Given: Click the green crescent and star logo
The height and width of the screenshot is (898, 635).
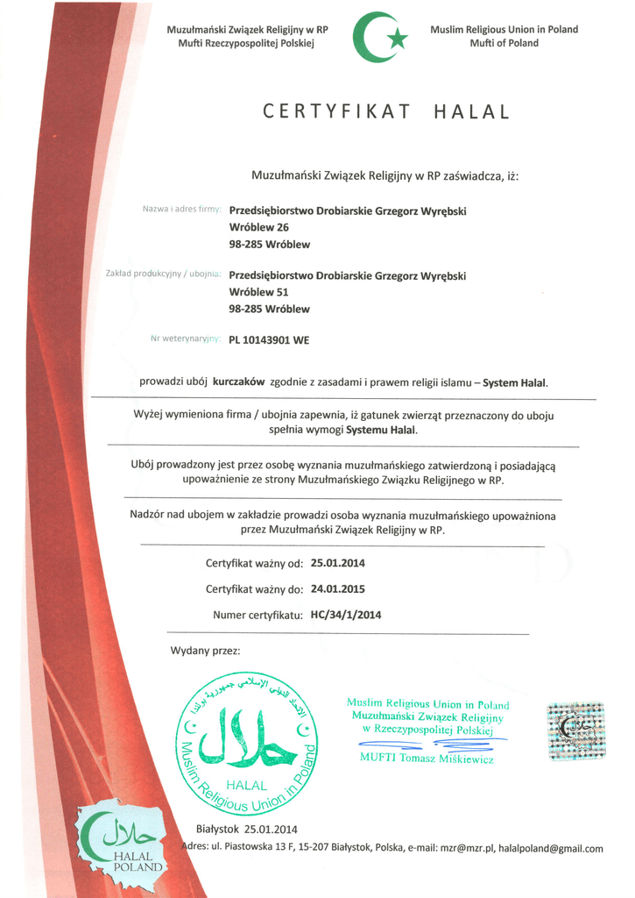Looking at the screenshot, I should (380, 37).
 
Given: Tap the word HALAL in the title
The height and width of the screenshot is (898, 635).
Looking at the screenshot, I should (470, 111).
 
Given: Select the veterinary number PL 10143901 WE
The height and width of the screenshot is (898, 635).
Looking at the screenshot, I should (269, 342).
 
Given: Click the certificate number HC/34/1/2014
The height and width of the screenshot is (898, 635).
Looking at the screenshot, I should (346, 615).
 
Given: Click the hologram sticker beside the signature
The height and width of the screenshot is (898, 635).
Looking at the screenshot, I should (575, 731).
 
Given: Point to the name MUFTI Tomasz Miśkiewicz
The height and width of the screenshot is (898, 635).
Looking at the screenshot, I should (427, 758).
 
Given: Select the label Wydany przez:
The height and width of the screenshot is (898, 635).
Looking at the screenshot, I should (205, 651).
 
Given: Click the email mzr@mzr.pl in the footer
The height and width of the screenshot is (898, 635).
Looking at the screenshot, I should (467, 848).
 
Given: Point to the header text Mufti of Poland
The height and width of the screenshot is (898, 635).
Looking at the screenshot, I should (504, 43).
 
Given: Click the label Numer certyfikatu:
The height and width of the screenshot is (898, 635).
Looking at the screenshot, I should (258, 615).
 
